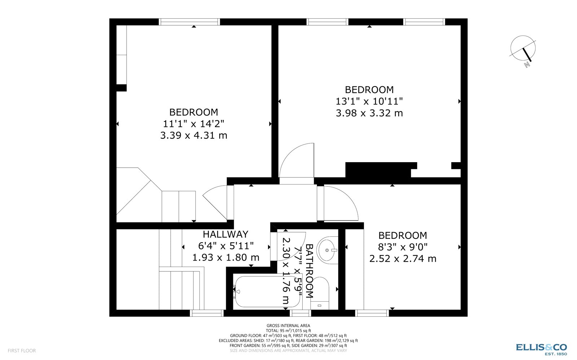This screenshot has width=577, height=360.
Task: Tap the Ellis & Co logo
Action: coord(541,348)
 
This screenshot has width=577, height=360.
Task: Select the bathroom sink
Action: coord(327,250)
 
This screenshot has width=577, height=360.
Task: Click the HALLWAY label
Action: coord(225,234)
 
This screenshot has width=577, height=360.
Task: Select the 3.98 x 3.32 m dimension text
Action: coord(369,113)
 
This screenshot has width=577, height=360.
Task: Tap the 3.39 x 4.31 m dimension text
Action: coord(194,135)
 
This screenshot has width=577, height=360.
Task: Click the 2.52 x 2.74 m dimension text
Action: coord(403,259)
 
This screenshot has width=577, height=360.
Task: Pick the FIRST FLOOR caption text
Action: coord(22,350)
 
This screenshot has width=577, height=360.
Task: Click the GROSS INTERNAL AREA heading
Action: coord(288,325)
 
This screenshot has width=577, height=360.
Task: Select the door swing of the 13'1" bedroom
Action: coord(297,161)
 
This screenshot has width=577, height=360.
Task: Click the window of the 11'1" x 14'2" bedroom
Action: coord(189,22)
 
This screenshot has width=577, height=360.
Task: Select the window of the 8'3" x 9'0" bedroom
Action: coord(372,313)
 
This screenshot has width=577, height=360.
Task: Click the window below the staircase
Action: coord(207,313)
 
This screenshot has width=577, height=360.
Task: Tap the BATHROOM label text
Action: coord(309,271)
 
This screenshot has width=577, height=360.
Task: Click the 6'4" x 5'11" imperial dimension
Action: coord(226,246)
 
